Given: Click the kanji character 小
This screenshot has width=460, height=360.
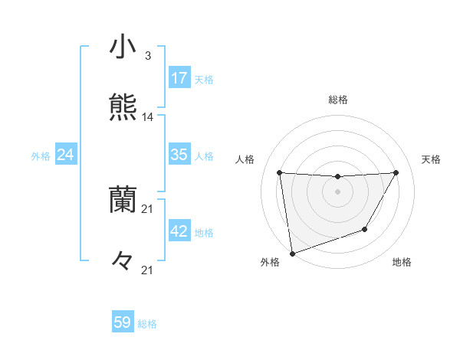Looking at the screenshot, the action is click(123, 47).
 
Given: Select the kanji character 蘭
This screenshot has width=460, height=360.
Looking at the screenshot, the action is click(123, 198).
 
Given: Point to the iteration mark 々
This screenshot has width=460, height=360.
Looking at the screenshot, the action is click(123, 260).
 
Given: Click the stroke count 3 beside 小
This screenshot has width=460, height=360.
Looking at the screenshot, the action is click(147, 56).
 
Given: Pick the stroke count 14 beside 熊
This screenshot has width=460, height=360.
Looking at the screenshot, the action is click(148, 117).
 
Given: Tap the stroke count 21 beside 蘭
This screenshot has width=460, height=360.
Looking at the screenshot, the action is click(148, 208).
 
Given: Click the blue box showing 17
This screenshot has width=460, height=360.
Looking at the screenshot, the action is click(179, 78).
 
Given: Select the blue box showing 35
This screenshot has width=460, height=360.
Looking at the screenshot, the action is click(179, 155).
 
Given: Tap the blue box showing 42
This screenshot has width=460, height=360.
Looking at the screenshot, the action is click(179, 231).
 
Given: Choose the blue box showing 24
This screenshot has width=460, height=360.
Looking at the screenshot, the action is click(66, 155).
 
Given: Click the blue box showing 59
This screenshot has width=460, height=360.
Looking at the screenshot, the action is click(123, 322).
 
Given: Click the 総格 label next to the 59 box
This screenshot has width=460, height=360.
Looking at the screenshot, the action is click(147, 324).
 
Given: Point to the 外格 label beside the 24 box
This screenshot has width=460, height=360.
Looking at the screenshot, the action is click(41, 156).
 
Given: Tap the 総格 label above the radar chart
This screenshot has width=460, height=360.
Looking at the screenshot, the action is click(337, 100).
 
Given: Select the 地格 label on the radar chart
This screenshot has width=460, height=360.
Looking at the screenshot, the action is click(402, 263).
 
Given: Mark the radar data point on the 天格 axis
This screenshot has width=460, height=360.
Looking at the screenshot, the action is click(396, 172).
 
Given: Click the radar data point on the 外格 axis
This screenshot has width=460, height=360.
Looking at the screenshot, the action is click(292, 253).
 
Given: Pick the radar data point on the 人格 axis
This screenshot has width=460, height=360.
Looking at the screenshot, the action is click(279, 172).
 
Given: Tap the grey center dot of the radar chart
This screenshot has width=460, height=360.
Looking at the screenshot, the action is click(337, 191).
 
